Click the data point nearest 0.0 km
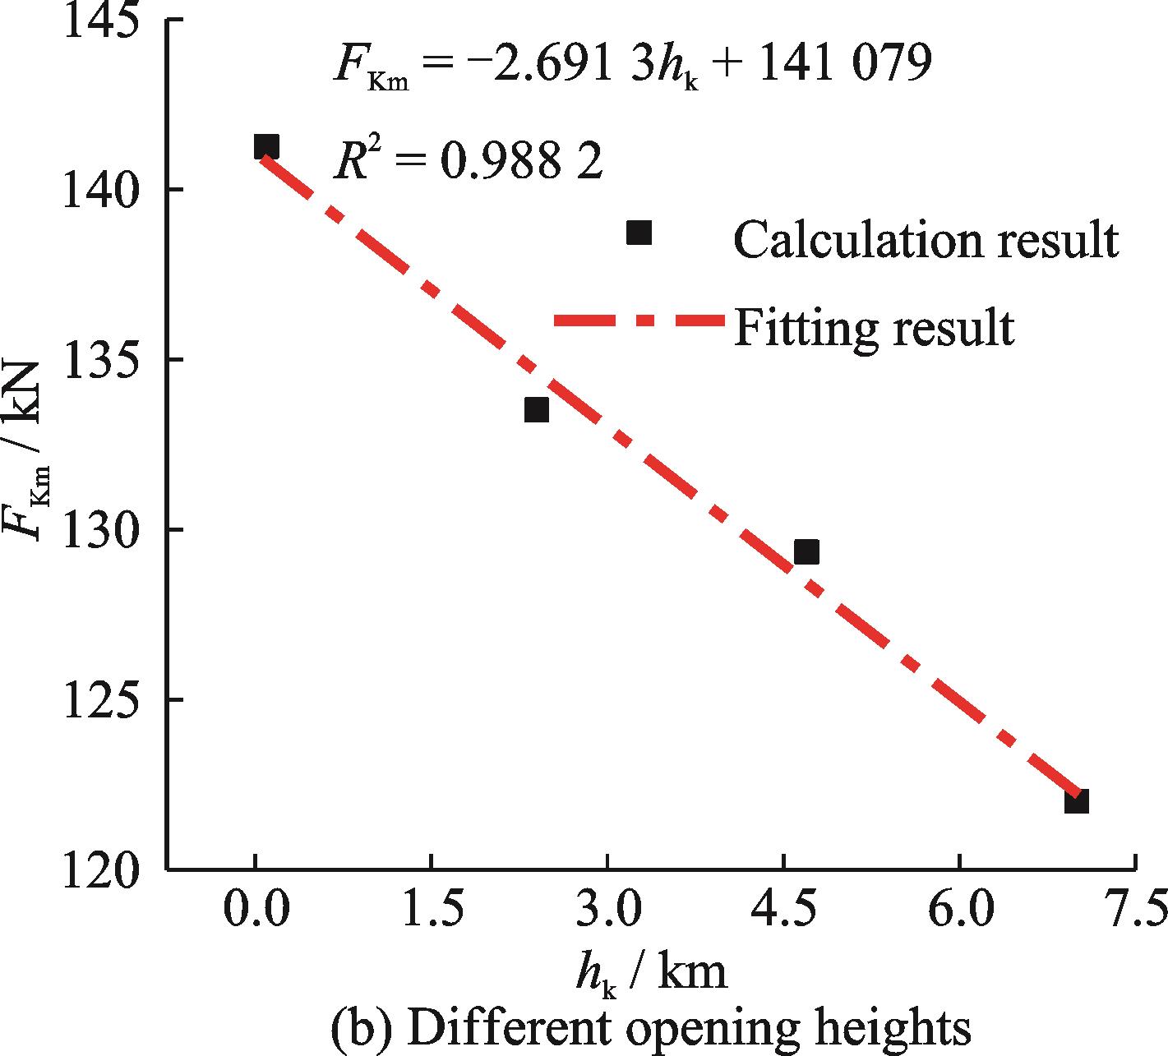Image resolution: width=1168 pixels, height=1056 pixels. point(265,147)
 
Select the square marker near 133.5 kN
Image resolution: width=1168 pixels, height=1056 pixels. point(536,409)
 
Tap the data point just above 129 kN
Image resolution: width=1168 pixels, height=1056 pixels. point(806,552)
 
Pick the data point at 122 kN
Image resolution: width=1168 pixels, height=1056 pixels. point(1076,801)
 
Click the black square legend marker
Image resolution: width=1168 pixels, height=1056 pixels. point(639,233)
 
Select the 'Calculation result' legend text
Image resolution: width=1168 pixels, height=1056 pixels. point(926,239)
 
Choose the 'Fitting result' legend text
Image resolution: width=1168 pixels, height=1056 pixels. point(874,327)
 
